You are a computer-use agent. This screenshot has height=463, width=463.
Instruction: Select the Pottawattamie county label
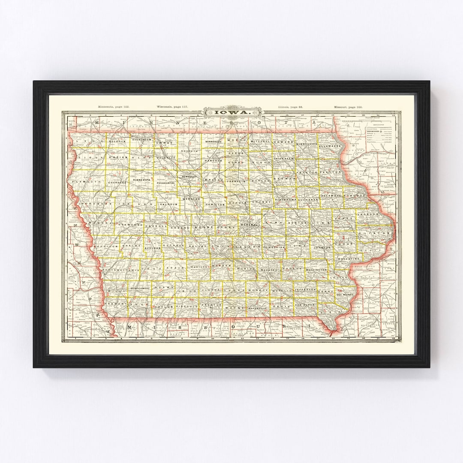(x=121, y=270)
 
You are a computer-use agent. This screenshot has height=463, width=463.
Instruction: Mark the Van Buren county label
(x=305, y=304)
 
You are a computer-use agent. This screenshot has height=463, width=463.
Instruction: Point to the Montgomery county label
(x=140, y=289)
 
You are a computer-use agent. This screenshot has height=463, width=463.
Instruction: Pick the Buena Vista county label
(x=141, y=180)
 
